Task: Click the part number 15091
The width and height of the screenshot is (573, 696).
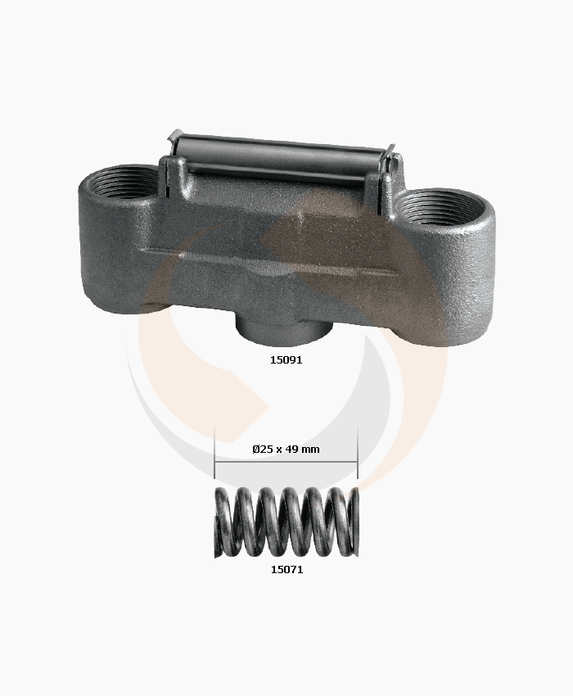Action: coord(286,360)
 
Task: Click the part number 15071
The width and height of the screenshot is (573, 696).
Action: coord(286,570)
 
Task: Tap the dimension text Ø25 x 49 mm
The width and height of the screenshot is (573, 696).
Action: coord(286,450)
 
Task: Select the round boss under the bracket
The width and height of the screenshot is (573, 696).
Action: coord(283,330)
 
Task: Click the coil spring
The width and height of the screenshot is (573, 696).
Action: coord(286,522)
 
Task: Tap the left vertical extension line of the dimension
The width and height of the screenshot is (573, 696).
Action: coord(214,452)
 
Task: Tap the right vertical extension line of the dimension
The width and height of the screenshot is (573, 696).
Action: coord(358,452)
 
